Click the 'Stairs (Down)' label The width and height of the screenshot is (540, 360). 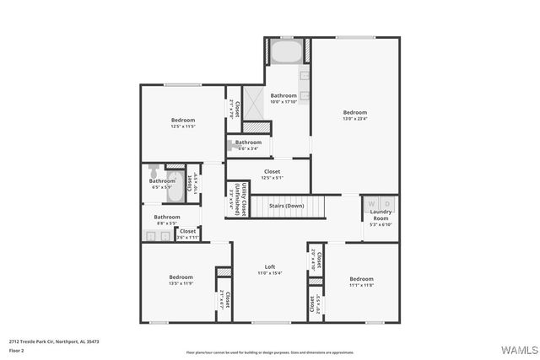[286, 206]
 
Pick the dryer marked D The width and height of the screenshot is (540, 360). [387, 203]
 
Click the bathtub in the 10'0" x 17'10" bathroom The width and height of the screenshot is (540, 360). [285, 52]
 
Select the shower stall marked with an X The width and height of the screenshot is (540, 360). [254, 101]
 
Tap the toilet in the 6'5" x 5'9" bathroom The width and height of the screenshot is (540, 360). [154, 171]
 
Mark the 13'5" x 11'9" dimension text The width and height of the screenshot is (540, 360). [181, 283]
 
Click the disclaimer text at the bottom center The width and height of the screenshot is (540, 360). [270, 352]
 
